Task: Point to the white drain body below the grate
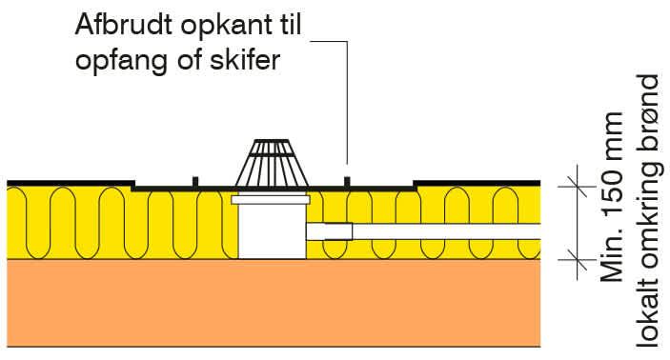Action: (x=271, y=232)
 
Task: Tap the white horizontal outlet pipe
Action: (x=448, y=230)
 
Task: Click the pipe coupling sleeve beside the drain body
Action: (x=330, y=230)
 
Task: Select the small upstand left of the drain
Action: (x=194, y=181)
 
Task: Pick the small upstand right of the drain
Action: (x=347, y=181)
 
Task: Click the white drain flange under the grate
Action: (x=271, y=200)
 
